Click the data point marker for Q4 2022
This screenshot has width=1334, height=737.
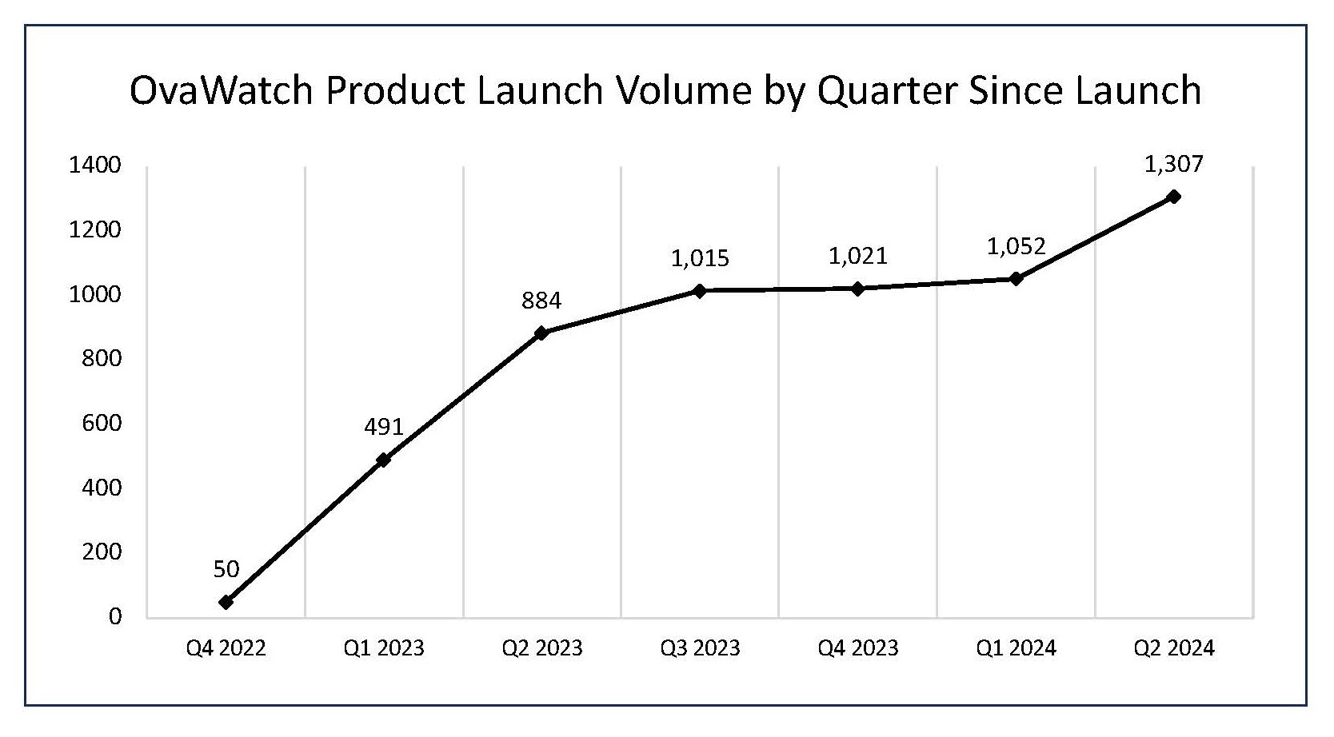pos(226,602)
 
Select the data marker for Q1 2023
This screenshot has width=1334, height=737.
pos(384,460)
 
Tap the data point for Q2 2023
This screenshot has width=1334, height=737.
pos(541,333)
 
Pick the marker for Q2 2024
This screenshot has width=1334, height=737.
pos(1174,197)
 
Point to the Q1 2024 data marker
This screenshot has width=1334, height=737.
pos(1016,278)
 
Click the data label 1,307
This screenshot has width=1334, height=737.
pos(1174,165)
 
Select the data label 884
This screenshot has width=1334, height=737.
pos(541,301)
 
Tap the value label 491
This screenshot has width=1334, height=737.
pos(384,428)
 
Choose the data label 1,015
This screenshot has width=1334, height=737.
pos(700,258)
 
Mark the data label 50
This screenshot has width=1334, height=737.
pos(226,569)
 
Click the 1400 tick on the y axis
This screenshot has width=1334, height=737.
pos(95,166)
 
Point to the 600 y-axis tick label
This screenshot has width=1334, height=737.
pos(102,424)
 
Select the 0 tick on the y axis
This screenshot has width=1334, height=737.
pos(115,617)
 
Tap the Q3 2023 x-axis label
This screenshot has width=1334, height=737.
pos(700,647)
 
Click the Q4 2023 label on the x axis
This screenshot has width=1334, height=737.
pos(858,647)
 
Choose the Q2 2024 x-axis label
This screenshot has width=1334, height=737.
pos(1174,647)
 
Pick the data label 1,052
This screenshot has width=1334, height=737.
pos(1016,246)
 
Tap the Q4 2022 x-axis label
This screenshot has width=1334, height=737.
pos(226,647)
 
